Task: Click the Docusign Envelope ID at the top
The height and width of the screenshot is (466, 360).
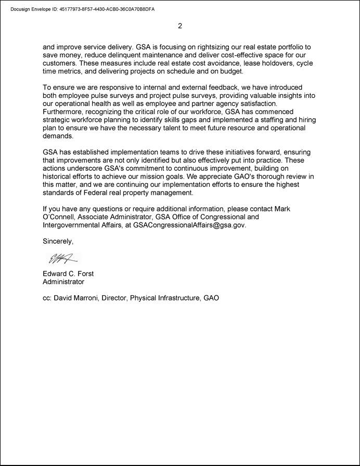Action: pos(82,9)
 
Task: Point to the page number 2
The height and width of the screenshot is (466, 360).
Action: pos(180,26)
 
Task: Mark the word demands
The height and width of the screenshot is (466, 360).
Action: pos(58,135)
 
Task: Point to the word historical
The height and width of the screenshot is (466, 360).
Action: pos(59,177)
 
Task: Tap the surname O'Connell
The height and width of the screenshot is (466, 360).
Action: pos(60,217)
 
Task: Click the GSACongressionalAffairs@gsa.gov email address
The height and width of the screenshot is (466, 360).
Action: pos(189,225)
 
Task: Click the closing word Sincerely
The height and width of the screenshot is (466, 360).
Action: pos(58,242)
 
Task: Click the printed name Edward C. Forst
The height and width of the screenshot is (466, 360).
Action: pos(68,274)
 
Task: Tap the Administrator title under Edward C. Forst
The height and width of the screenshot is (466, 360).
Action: pos(63,282)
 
